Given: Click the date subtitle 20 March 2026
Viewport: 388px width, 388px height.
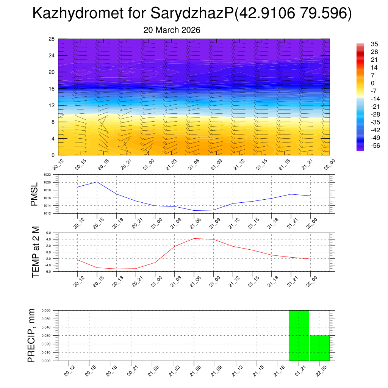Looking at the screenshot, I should (x=172, y=30).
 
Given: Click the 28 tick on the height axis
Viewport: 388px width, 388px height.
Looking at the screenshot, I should (x=52, y=39).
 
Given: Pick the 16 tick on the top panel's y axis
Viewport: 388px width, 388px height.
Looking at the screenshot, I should (x=52, y=89).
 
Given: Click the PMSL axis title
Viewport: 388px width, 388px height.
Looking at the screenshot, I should (x=34, y=194).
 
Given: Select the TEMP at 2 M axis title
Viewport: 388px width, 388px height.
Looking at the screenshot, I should (x=36, y=252).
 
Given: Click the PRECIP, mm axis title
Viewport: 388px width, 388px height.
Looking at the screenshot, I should (x=31, y=335).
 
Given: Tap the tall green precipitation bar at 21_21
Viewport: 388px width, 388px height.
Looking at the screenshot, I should (x=299, y=335).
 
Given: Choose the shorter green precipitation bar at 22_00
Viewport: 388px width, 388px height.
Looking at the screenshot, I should (x=319, y=348).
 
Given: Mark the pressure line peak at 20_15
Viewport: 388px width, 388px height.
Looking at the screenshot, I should (x=97, y=182).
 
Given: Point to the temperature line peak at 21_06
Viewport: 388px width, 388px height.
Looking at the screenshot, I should (x=194, y=238).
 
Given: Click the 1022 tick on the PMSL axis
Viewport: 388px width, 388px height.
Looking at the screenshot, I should (x=47, y=175).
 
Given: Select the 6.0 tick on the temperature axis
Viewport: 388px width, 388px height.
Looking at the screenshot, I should (x=48, y=233).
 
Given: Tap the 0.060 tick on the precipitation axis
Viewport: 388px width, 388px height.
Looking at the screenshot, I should (x=46, y=310).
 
